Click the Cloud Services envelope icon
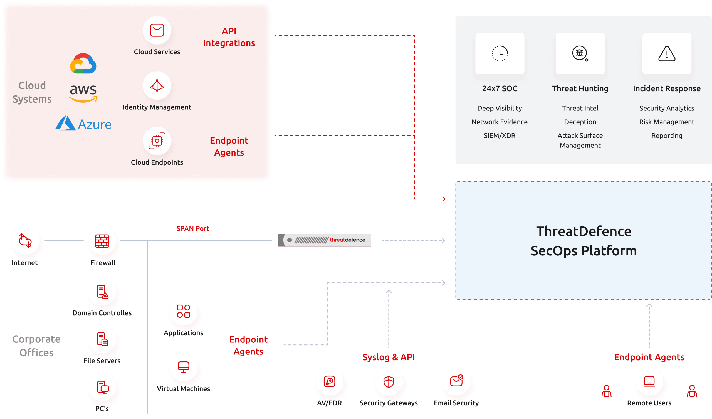click(x=157, y=30)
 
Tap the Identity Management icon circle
click(x=157, y=85)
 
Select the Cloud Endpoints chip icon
click(x=157, y=141)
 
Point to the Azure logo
click(x=83, y=124)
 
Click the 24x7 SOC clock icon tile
click(x=500, y=53)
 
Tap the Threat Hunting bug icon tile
click(x=580, y=53)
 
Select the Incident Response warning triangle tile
click(x=666, y=53)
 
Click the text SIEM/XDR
click(x=499, y=136)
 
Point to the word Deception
click(x=580, y=122)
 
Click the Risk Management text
click(x=666, y=122)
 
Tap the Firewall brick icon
click(x=102, y=241)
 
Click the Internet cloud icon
click(x=25, y=241)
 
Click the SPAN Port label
click(x=193, y=228)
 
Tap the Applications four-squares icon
click(x=183, y=311)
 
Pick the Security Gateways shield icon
click(x=389, y=381)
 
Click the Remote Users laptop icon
click(x=649, y=381)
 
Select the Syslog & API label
click(x=389, y=357)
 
